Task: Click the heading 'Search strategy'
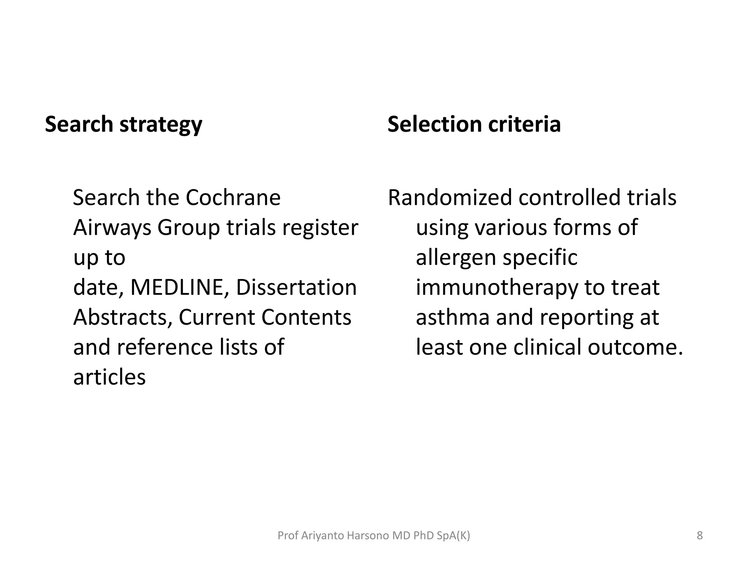click(x=123, y=124)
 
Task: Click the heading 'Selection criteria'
click(x=474, y=124)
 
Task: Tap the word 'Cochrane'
click(x=233, y=198)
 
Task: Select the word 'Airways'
click(x=112, y=228)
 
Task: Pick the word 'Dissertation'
click(x=296, y=287)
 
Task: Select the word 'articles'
click(x=109, y=377)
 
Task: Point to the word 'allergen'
click(x=455, y=257)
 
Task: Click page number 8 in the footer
click(x=699, y=536)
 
